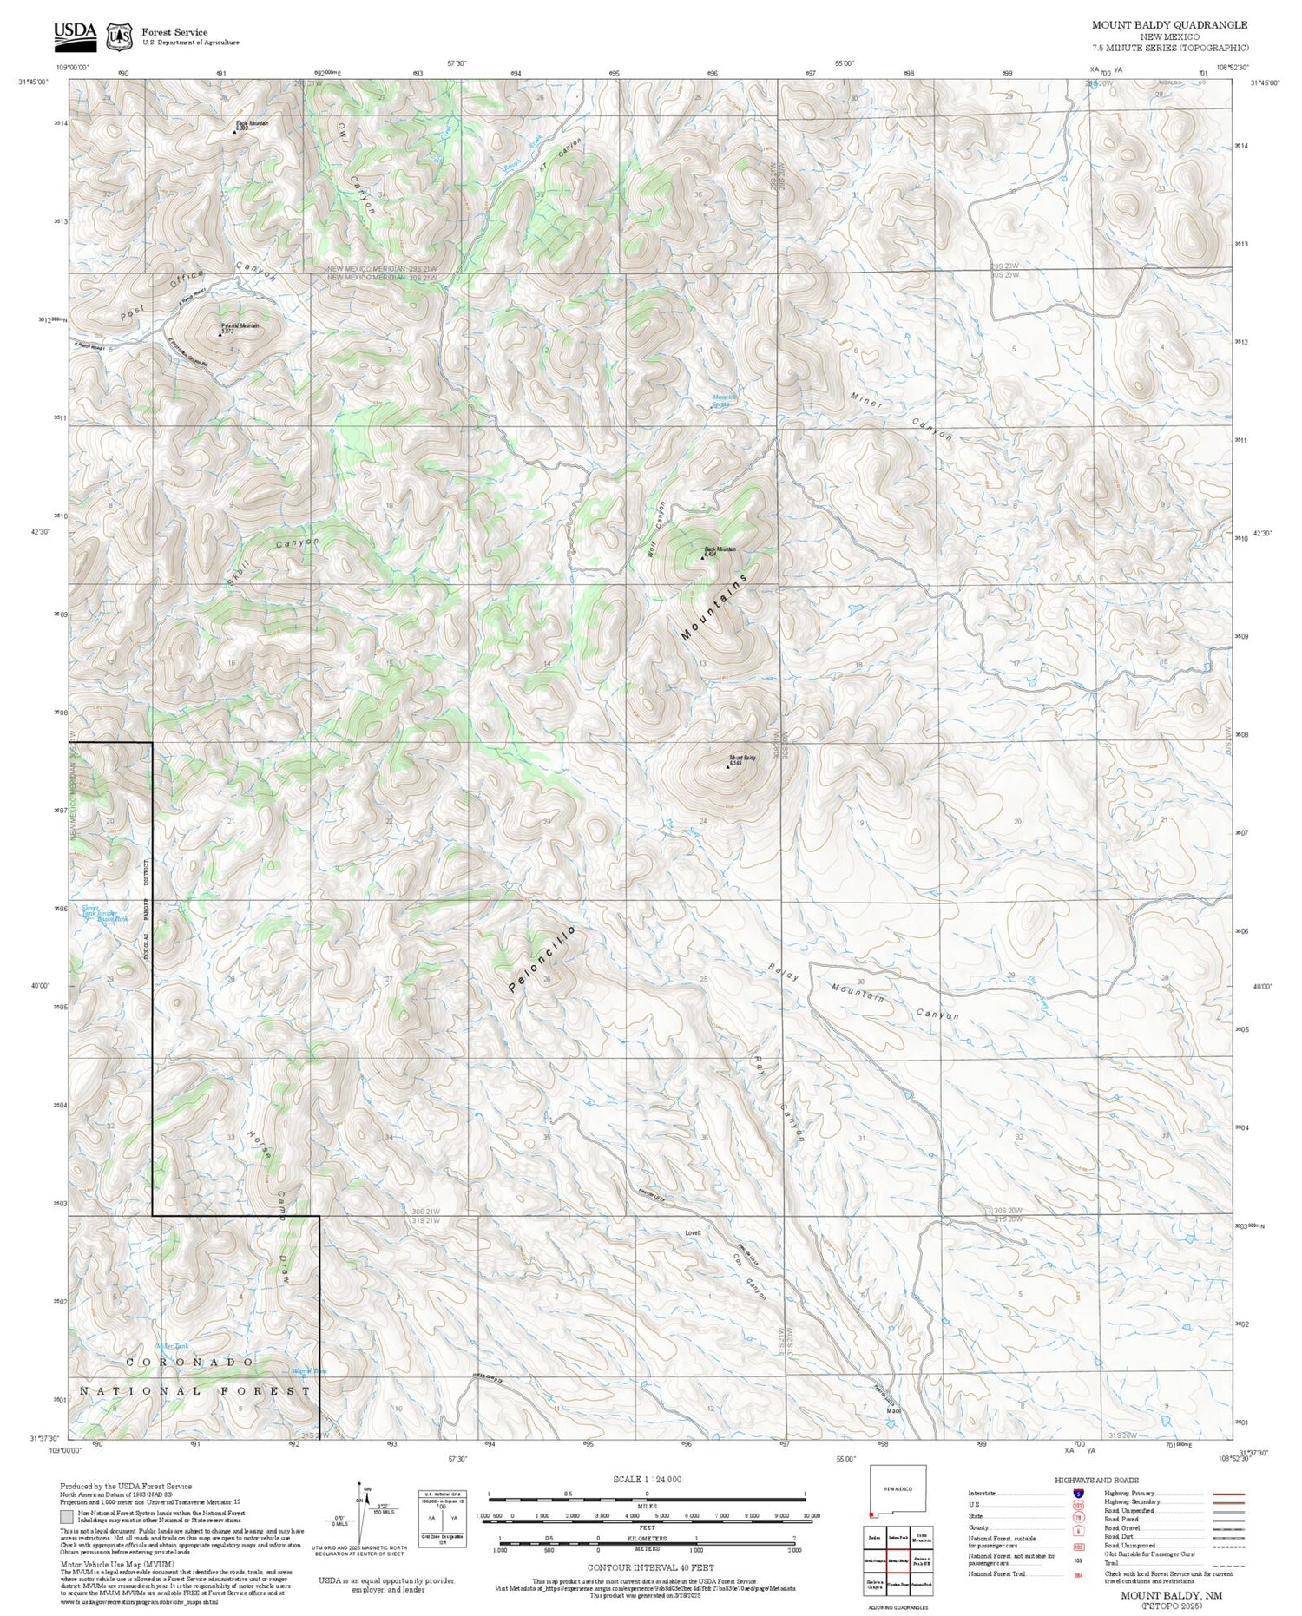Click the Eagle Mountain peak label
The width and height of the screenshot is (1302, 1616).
(x=252, y=125)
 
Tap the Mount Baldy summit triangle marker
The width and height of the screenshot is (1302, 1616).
(x=727, y=767)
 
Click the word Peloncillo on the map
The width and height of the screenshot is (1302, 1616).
(x=542, y=959)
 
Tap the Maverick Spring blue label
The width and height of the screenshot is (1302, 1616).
(x=724, y=400)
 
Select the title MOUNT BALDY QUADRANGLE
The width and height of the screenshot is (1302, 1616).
(x=1169, y=25)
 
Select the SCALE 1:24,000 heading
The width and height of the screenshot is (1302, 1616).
(x=647, y=1479)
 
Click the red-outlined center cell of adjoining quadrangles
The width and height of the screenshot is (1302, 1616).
(x=898, y=1560)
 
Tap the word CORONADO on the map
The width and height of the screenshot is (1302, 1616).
(x=191, y=1363)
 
